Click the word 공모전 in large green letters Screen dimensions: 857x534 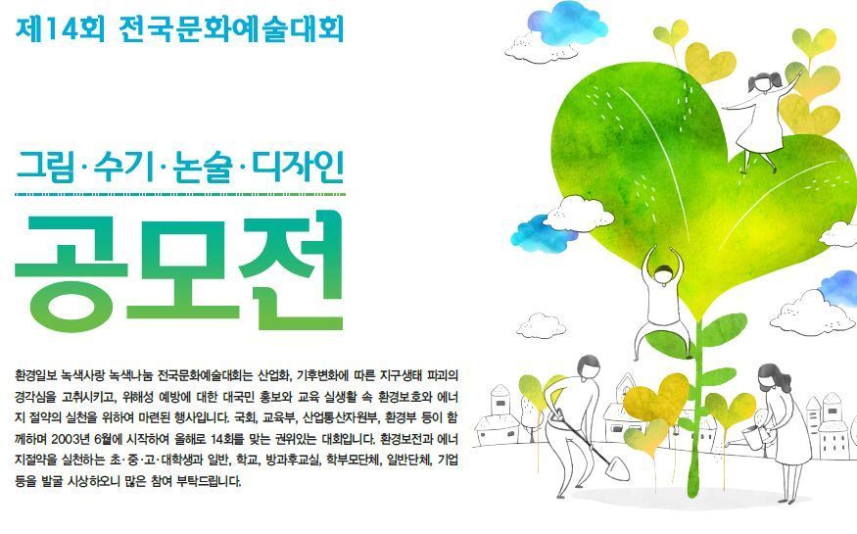[178, 270]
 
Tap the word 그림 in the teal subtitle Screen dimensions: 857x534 [44, 168]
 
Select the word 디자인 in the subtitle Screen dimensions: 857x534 [298, 168]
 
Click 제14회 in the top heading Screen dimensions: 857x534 [60, 27]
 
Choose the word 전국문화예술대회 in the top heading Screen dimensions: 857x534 [231, 27]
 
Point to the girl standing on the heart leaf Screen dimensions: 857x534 [761, 121]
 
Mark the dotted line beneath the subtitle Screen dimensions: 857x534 [180, 194]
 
